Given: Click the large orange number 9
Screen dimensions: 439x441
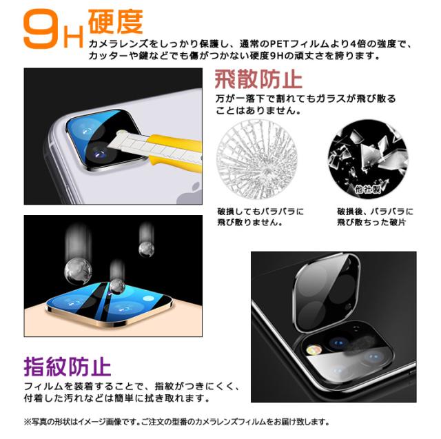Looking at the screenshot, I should pyautogui.click(x=39, y=29).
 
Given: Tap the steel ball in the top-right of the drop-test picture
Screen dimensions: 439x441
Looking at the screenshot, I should pyautogui.click(x=145, y=246).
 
